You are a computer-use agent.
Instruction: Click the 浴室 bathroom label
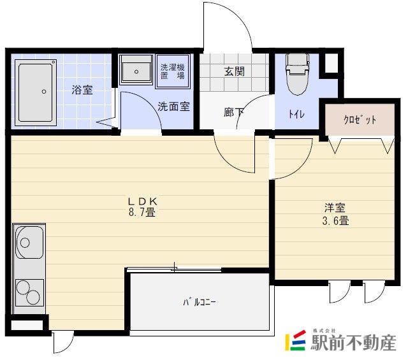coord(82,90)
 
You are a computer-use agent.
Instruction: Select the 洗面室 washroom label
coord(174,106)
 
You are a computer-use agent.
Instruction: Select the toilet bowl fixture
coord(297,73)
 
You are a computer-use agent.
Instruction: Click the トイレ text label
coord(296,115)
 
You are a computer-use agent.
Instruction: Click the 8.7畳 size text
coord(143,213)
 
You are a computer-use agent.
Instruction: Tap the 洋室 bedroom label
coord(335,208)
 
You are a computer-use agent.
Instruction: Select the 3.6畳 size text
coord(335,221)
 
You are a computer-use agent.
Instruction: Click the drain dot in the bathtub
coord(44,91)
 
